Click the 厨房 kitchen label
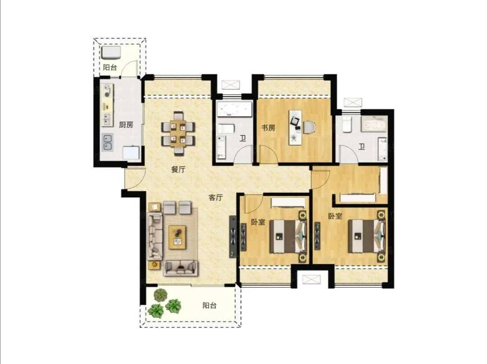(x=126, y=125)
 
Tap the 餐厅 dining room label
(x=178, y=169)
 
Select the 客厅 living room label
(x=216, y=197)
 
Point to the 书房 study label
(x=268, y=127)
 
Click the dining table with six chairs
(x=178, y=134)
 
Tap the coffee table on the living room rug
(x=177, y=238)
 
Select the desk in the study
(x=295, y=127)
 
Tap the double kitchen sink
(x=108, y=142)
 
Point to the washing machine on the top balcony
(x=111, y=53)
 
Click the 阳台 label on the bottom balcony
(x=210, y=305)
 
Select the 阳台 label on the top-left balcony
(x=110, y=67)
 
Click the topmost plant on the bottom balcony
(x=160, y=295)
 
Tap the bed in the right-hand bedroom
(x=366, y=236)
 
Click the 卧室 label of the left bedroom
(x=258, y=222)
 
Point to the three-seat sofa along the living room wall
(x=155, y=237)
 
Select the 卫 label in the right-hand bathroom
(x=362, y=146)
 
